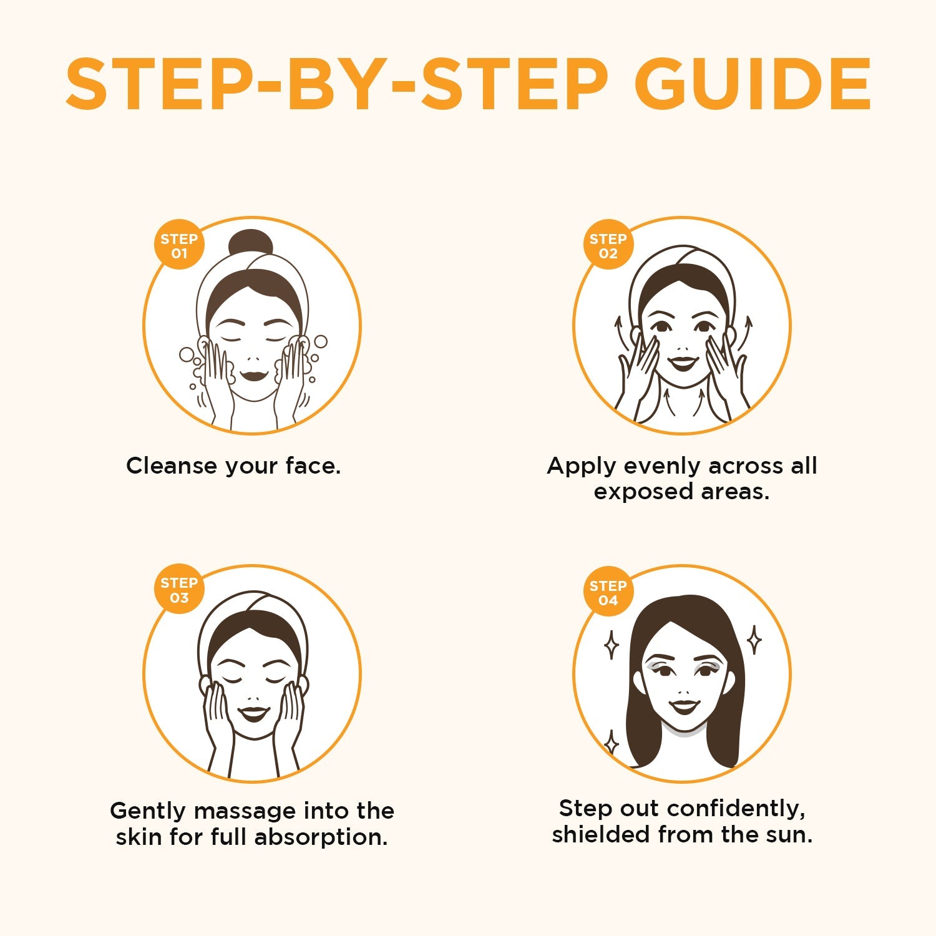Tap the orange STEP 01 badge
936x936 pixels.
click(179, 245)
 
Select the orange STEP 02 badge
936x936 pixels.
click(608, 245)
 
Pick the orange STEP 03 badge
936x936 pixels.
click(179, 590)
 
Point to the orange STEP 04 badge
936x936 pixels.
click(608, 592)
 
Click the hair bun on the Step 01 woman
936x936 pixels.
click(251, 243)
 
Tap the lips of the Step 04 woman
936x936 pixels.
click(684, 706)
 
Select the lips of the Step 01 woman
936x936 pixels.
click(253, 376)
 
